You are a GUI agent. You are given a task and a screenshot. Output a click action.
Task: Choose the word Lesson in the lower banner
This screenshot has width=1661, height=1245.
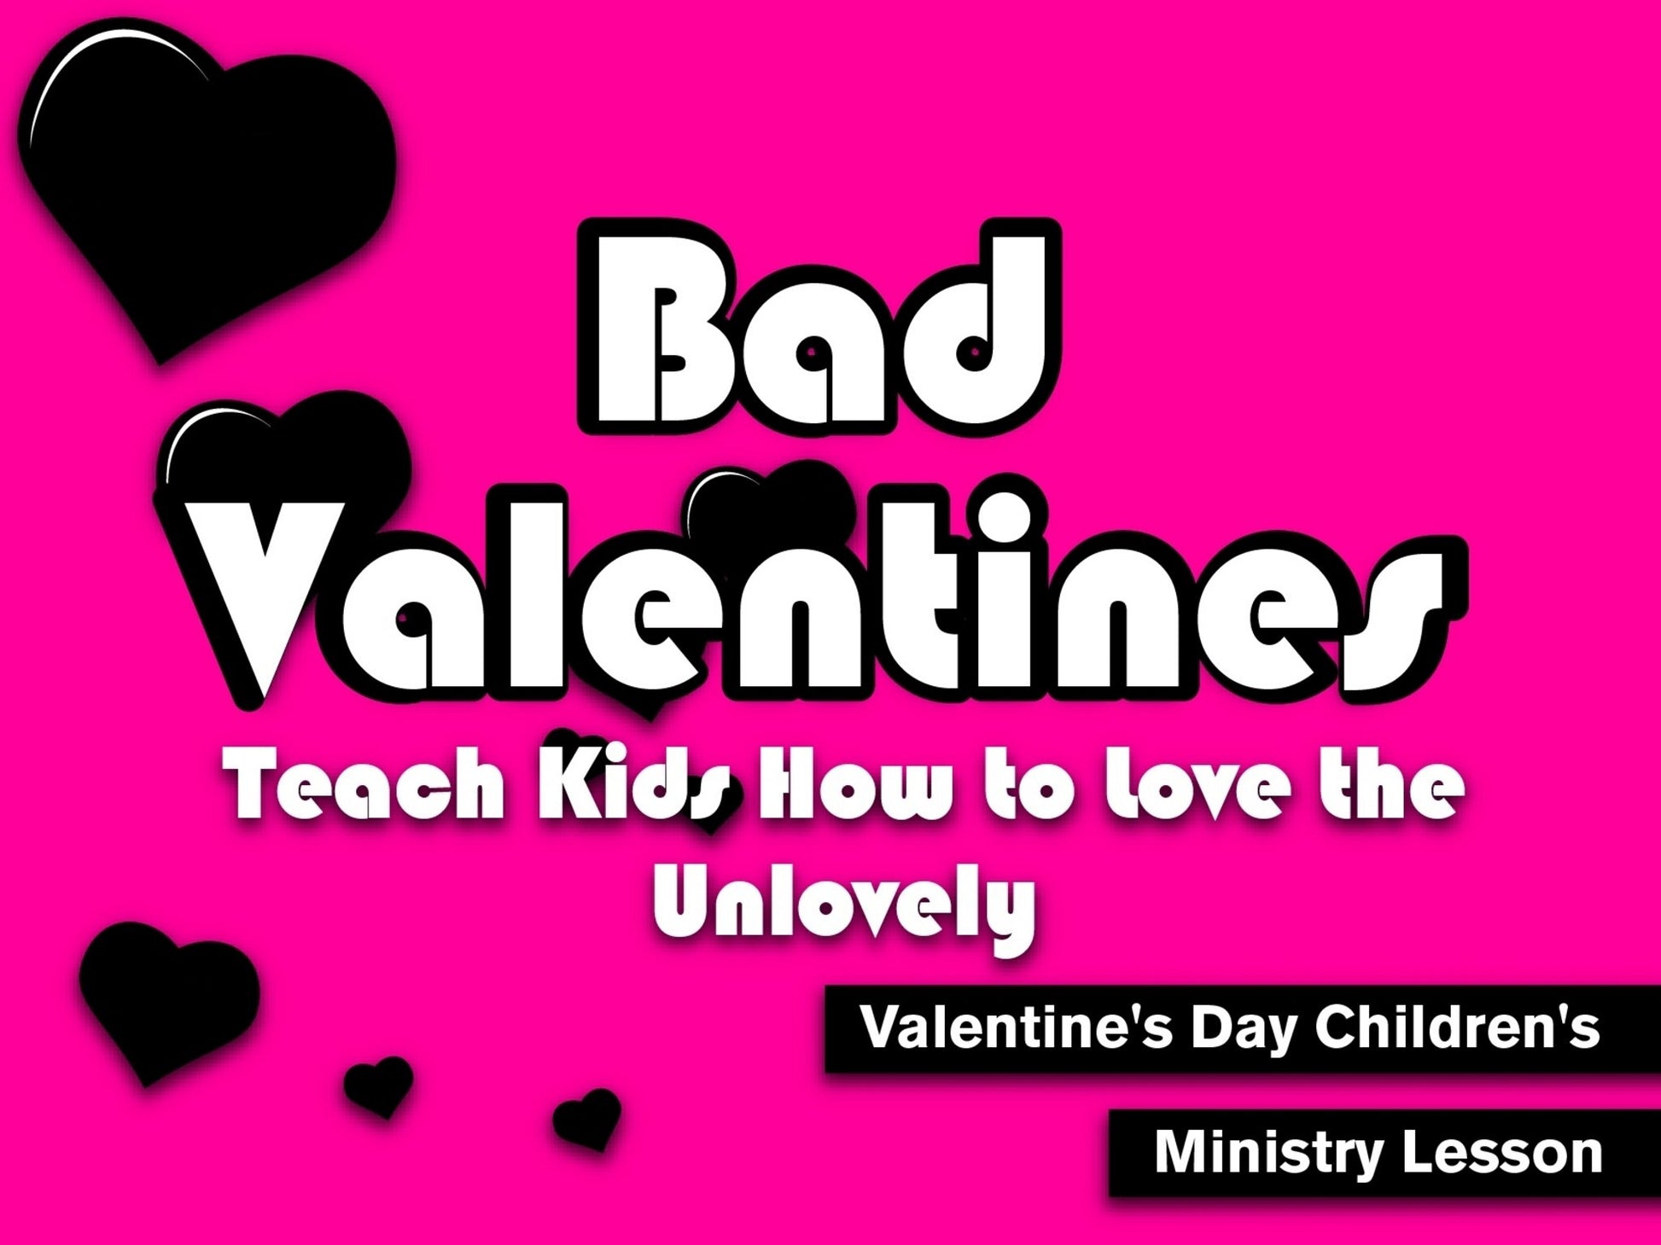1502,1153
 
